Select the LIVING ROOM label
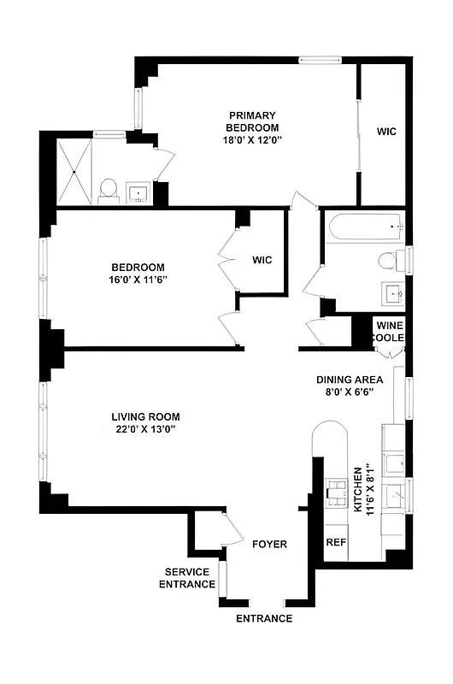click(x=146, y=417)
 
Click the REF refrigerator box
click(x=335, y=543)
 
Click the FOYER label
click(x=269, y=545)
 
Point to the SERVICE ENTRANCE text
click(x=190, y=578)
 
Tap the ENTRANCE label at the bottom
click(x=264, y=618)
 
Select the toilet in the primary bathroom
click(x=108, y=190)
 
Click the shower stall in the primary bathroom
click(x=74, y=170)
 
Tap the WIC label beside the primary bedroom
click(x=387, y=132)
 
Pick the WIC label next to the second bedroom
click(x=262, y=260)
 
